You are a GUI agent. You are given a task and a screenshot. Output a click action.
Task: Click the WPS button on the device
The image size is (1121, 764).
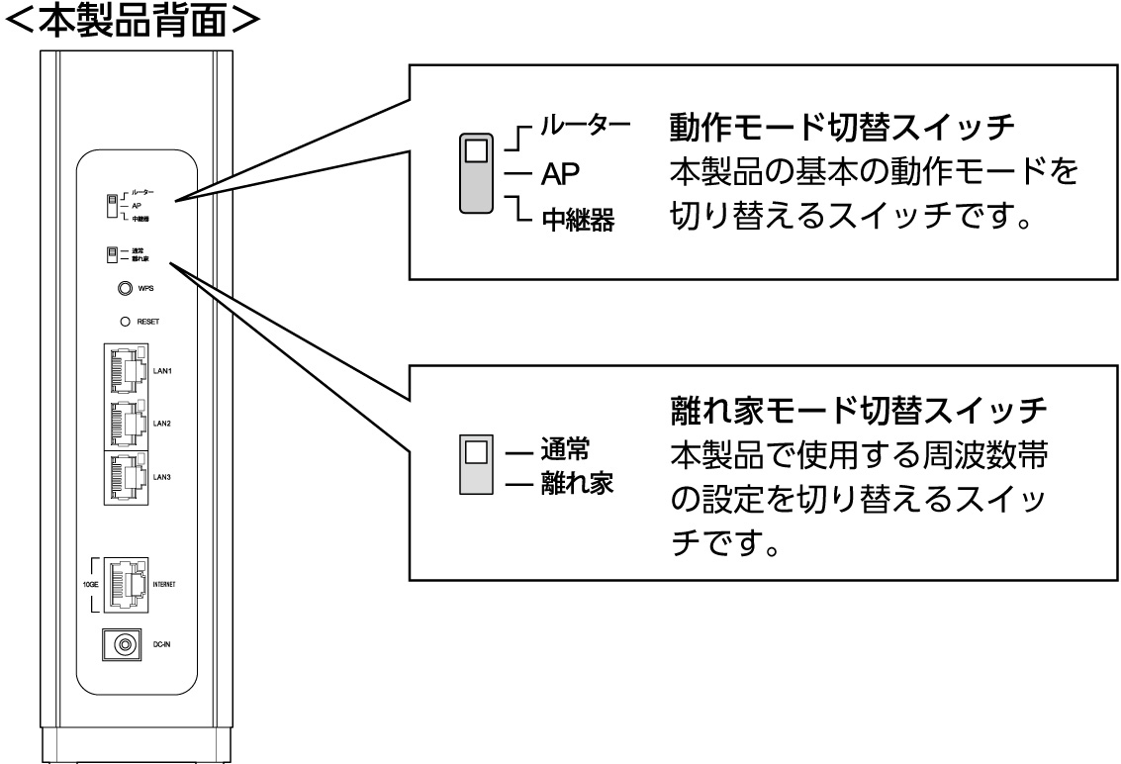pos(125,289)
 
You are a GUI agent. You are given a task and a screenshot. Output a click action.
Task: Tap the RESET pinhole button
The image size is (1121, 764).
pos(125,322)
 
